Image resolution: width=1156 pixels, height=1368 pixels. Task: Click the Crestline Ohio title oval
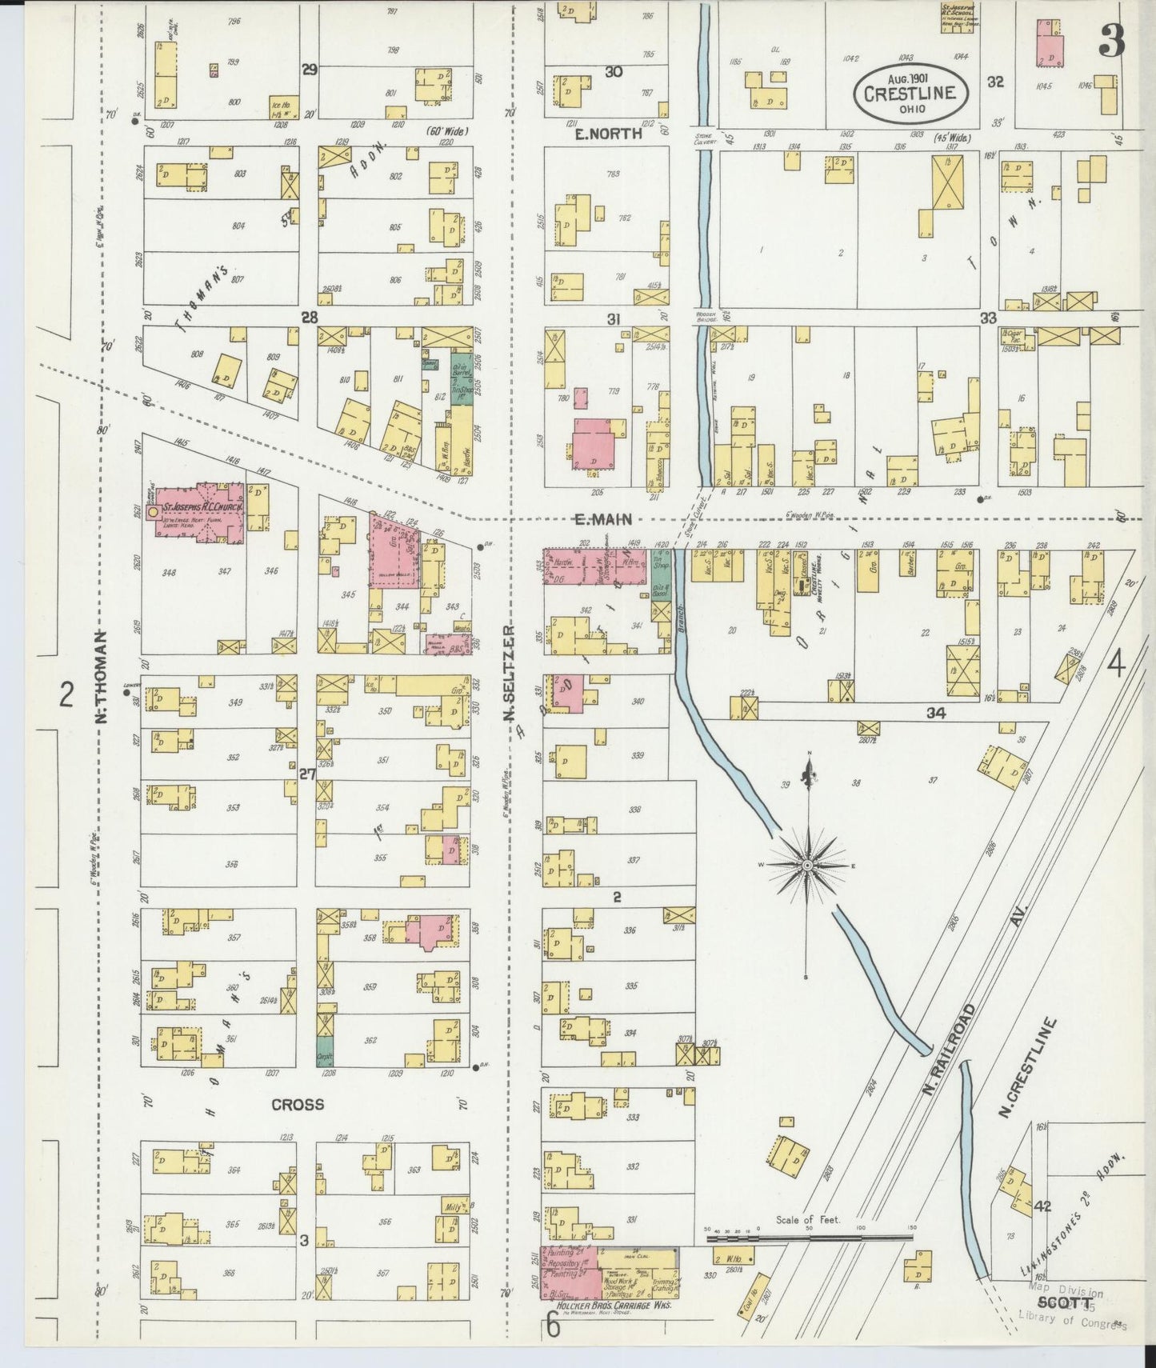[910, 92]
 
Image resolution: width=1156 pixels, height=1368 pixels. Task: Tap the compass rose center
[808, 866]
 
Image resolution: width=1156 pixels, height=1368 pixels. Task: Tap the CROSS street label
[298, 1105]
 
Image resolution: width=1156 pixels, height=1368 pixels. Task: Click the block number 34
[935, 713]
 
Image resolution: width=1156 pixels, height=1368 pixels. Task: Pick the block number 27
[307, 774]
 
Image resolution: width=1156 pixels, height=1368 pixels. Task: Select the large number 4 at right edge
[1117, 664]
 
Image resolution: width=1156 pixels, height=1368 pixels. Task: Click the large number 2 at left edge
[67, 694]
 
